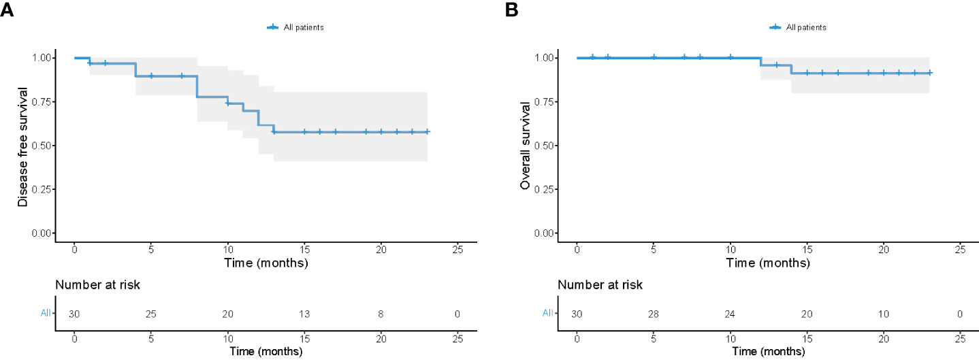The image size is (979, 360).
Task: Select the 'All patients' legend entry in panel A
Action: [x=295, y=27]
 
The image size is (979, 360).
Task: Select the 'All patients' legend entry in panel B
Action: [x=798, y=27]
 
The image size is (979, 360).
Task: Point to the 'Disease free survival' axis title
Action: [x=23, y=146]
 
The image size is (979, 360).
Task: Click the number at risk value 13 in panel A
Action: [x=304, y=314]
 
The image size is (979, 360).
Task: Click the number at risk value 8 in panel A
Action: [x=381, y=314]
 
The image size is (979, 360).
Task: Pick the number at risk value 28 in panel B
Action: [x=654, y=314]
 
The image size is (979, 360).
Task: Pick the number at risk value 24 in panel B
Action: [x=731, y=314]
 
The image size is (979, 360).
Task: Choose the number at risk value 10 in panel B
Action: [x=884, y=314]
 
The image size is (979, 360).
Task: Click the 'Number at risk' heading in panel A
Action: [x=98, y=285]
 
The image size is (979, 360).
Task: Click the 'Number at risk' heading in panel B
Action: [x=600, y=285]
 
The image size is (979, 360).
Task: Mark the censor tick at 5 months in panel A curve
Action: [x=151, y=76]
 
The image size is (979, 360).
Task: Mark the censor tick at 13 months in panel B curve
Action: [x=776, y=65]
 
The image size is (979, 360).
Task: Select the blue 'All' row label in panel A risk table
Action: [x=46, y=314]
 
